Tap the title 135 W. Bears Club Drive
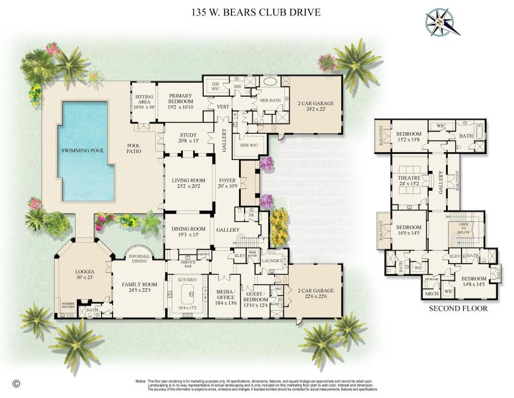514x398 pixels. click(x=255, y=12)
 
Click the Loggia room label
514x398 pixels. click(x=85, y=272)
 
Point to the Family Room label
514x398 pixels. click(x=139, y=285)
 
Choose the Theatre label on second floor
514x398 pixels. click(x=409, y=178)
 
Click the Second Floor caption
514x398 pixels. click(x=458, y=308)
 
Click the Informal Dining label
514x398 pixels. click(x=139, y=259)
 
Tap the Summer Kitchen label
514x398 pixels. click(x=68, y=306)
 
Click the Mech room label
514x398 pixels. click(x=431, y=294)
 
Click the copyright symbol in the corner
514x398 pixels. click(x=16, y=383)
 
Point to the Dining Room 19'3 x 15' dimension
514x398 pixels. click(x=188, y=235)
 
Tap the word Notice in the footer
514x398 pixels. click(x=140, y=381)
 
